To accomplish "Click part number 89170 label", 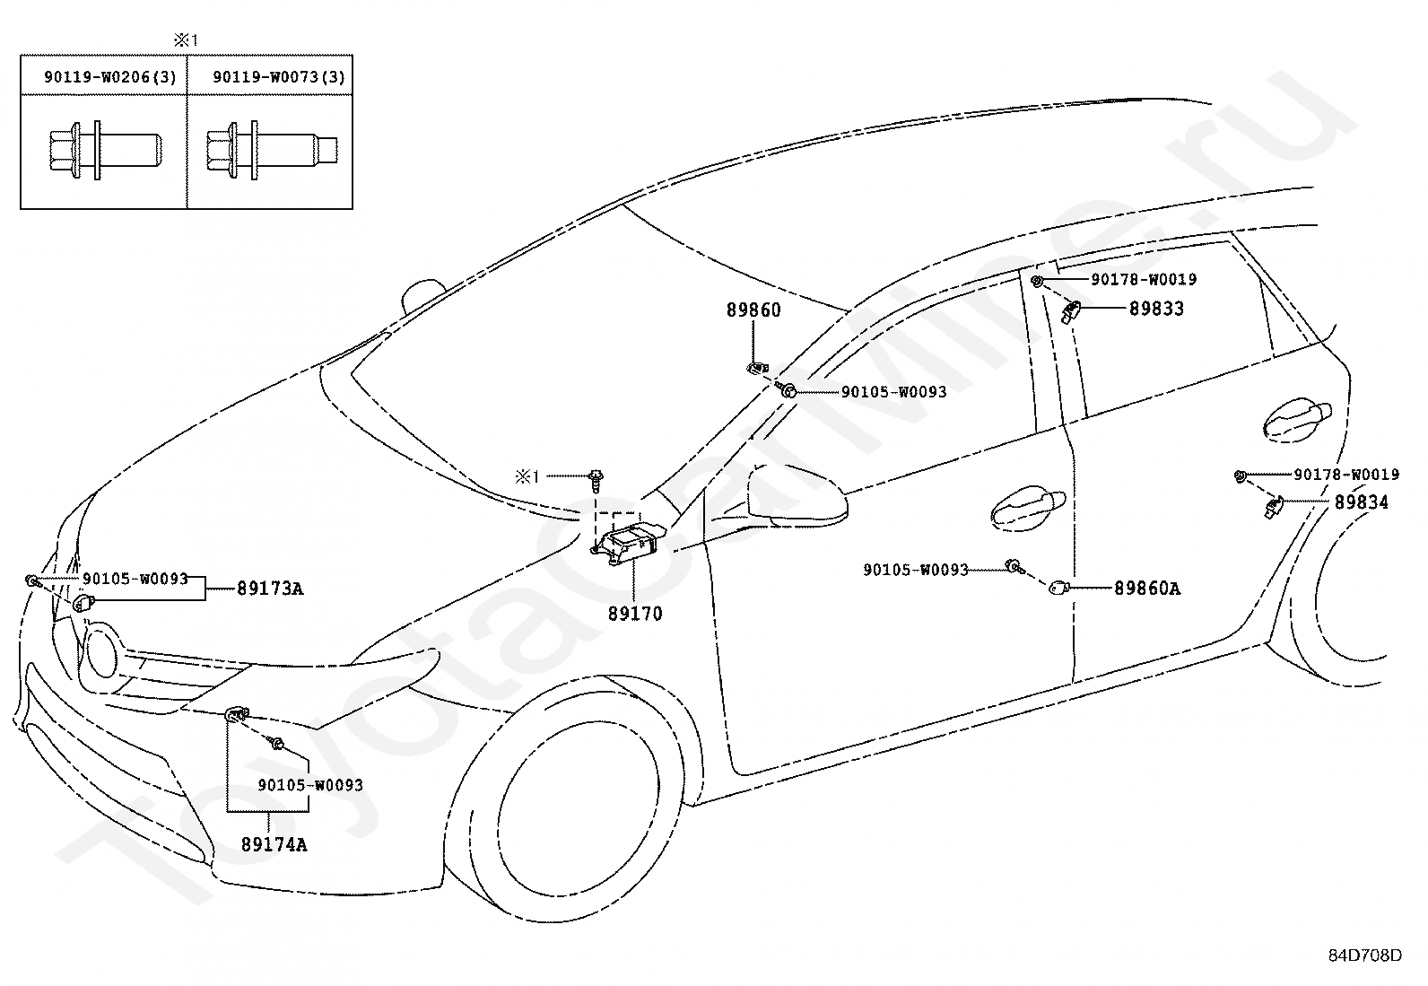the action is point(635,614).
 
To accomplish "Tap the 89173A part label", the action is point(270,588).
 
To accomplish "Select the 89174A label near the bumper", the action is point(274,844).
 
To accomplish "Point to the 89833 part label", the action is point(1156,309).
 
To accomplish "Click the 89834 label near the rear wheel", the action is point(1362,502).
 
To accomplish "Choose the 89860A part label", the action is point(1147,588).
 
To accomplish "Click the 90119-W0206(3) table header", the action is point(110,77).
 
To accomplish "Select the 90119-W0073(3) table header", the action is point(279,77).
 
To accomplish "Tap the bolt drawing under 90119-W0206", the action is point(106,151).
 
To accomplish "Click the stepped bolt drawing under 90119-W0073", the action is point(272,151).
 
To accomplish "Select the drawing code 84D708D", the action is point(1365,955).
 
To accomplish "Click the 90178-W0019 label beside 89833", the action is point(1144,279).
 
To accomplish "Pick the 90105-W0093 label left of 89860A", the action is point(916,570).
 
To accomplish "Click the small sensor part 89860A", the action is point(1058,587).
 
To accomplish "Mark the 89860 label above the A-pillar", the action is point(753,310).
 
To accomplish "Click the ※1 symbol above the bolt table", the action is point(187,40).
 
